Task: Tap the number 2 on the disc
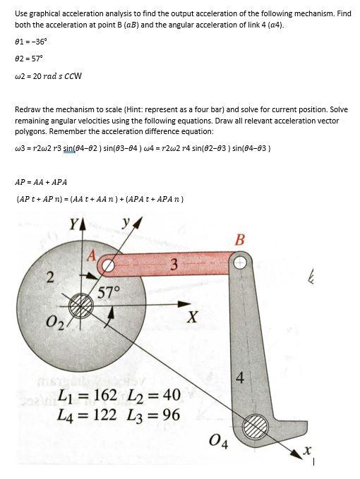(x=50, y=277)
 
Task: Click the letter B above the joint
(x=241, y=238)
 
